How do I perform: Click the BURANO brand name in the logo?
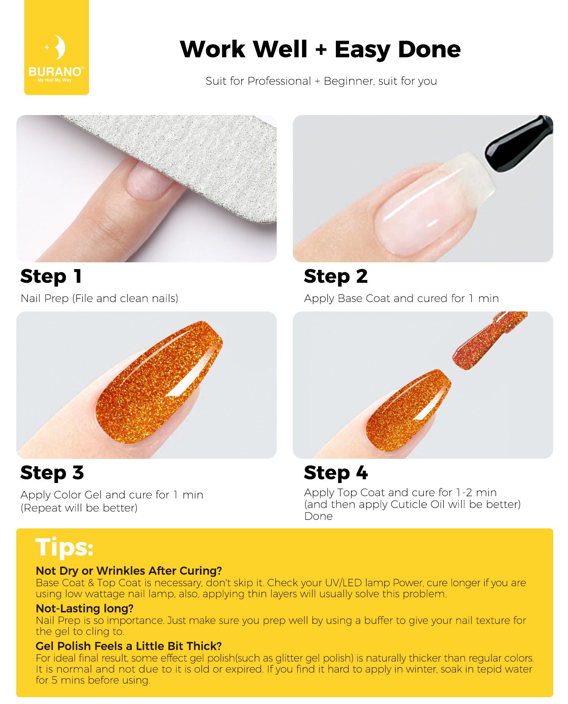[x=56, y=72]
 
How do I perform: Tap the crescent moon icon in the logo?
[x=59, y=47]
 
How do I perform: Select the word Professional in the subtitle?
[x=279, y=81]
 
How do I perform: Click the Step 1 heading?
[x=51, y=276]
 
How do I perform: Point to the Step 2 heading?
[x=335, y=276]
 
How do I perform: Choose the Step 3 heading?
[x=52, y=473]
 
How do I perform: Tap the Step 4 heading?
[x=336, y=473]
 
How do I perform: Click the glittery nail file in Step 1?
[x=182, y=159]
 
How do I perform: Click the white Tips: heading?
[x=64, y=547]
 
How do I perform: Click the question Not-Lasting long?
[x=84, y=608]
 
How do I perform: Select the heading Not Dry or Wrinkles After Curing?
[x=129, y=571]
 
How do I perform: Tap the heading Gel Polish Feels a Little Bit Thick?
[x=129, y=646]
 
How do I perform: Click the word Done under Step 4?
[x=318, y=516]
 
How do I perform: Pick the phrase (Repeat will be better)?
[x=79, y=508]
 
